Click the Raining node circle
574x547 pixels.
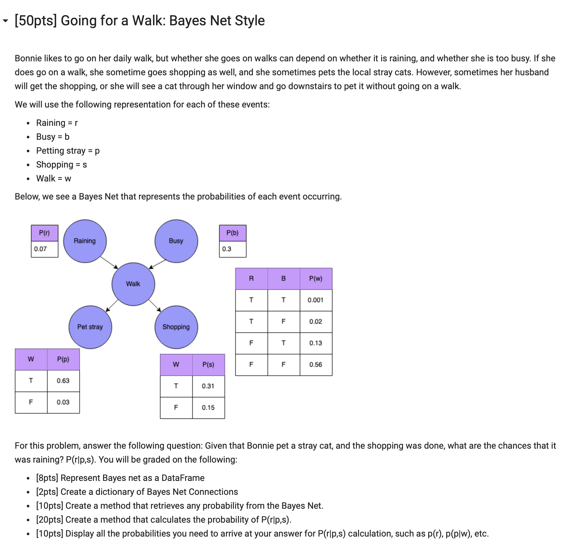(x=85, y=241)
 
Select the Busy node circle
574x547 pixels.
(x=176, y=241)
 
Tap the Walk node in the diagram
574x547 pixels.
(x=133, y=284)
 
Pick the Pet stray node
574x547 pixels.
(x=90, y=327)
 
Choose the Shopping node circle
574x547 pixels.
(x=176, y=327)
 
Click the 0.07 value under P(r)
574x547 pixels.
(x=40, y=249)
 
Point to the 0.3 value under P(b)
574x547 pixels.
(x=227, y=249)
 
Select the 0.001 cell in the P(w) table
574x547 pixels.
(x=315, y=300)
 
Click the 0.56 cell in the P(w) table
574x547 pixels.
(x=315, y=365)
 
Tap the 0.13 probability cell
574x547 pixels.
(x=315, y=343)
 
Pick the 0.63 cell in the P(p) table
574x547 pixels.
(x=63, y=381)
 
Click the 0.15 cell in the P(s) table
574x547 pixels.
(x=208, y=408)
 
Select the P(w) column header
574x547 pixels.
(x=315, y=279)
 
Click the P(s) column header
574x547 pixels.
(x=208, y=365)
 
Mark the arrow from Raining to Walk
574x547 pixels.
(x=109, y=262)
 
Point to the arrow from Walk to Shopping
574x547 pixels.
(x=155, y=305)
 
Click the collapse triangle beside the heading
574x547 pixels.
(x=5, y=21)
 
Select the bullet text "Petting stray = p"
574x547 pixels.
(x=68, y=151)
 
